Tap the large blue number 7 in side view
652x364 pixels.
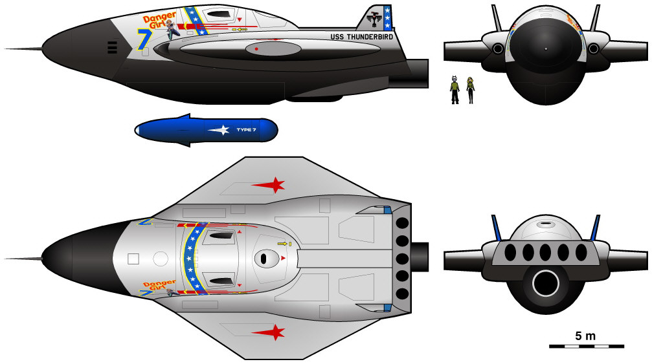144,39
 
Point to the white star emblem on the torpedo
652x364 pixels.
220,130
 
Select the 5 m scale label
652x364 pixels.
585,336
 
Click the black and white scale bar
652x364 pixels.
587,347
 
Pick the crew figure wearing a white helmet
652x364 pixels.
455,89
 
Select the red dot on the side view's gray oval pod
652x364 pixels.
257,48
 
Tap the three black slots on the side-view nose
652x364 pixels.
112,46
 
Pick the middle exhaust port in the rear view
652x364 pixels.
545,252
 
